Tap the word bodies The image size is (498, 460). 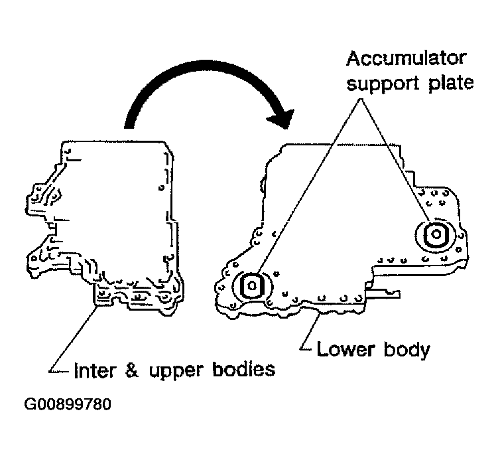click(244, 369)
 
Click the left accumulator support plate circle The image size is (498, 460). click(253, 286)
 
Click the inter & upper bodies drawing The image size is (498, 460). click(113, 219)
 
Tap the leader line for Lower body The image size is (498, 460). click(311, 332)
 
